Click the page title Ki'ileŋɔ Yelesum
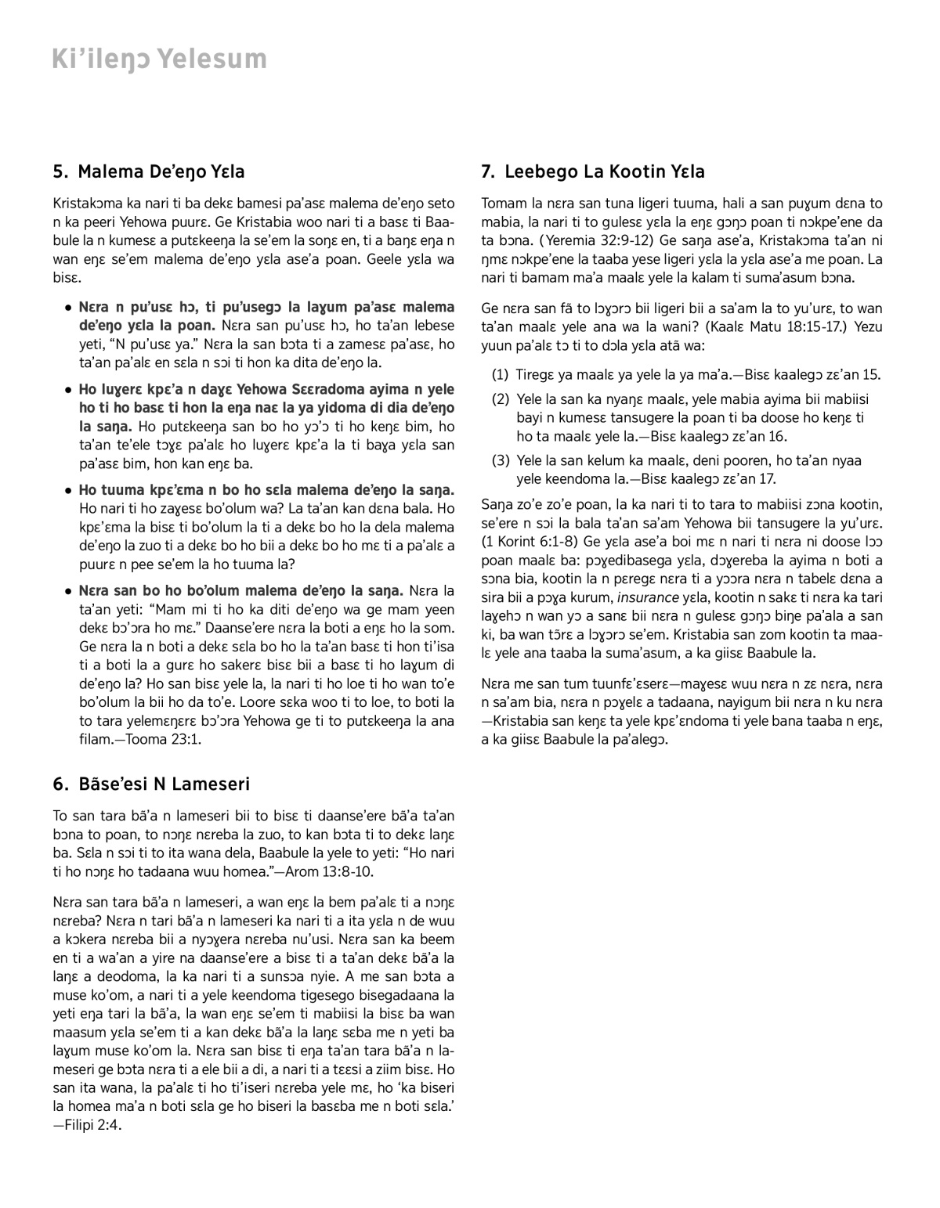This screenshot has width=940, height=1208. pyautogui.click(x=159, y=59)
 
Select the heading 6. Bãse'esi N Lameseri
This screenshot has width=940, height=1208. pyautogui.click(x=151, y=784)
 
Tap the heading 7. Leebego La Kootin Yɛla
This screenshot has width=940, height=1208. pyautogui.click(x=593, y=171)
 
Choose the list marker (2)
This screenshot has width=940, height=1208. pyautogui.click(x=501, y=399)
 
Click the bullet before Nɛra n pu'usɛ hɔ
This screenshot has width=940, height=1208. pyautogui.click(x=69, y=308)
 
